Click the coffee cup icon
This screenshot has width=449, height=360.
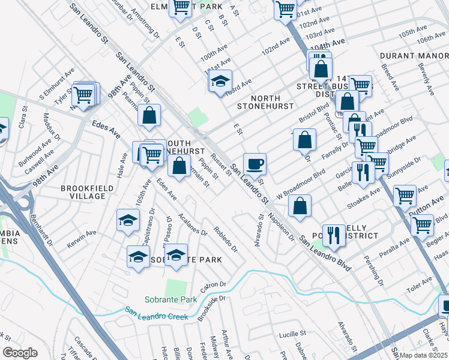[x=255, y=163]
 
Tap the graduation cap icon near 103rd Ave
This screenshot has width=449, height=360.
[x=220, y=80]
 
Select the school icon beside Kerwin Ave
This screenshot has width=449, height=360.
[x=128, y=221]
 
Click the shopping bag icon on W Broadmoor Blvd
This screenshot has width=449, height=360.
[x=300, y=205]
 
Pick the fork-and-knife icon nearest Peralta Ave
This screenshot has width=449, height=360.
[x=333, y=234]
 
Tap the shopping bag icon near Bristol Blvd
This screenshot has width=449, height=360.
[x=305, y=140]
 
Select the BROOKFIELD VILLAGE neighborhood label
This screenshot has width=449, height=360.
[x=87, y=192]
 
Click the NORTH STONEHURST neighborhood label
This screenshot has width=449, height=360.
[x=258, y=102]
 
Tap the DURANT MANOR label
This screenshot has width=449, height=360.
[x=414, y=56]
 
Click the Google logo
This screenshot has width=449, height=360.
[x=19, y=352]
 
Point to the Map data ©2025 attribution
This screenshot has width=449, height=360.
[x=424, y=355]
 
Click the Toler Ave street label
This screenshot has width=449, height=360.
[x=420, y=280]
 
